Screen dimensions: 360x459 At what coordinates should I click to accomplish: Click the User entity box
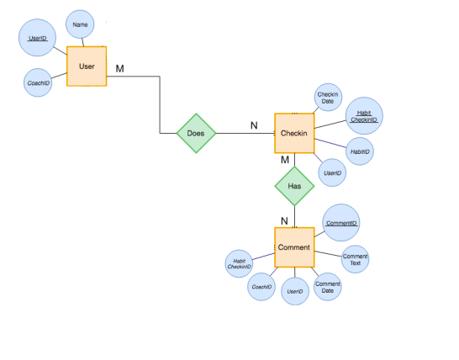[x=87, y=66]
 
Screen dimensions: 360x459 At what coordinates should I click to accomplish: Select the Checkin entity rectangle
[x=294, y=134]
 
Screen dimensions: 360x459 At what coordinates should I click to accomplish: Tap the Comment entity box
[x=294, y=247]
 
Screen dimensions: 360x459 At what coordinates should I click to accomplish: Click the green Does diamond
[x=196, y=133]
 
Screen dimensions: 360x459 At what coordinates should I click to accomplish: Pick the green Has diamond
[x=294, y=185]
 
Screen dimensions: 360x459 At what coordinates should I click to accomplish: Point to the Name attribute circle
[x=80, y=25]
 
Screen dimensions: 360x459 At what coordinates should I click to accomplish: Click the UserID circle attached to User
[x=37, y=40]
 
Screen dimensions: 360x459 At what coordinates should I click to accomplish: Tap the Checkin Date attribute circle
[x=327, y=98]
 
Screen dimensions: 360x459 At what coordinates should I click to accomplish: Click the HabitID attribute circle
[x=361, y=151]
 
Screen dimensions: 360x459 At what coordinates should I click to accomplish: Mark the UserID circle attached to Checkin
[x=332, y=172]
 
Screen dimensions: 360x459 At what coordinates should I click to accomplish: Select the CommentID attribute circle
[x=341, y=223]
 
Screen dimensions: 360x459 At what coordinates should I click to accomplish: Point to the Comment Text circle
[x=354, y=259]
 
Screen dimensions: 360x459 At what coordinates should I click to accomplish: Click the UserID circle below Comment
[x=294, y=292]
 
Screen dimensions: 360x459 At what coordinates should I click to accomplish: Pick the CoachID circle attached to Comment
[x=261, y=287]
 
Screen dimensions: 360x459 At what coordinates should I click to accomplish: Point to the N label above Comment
[x=284, y=221]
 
